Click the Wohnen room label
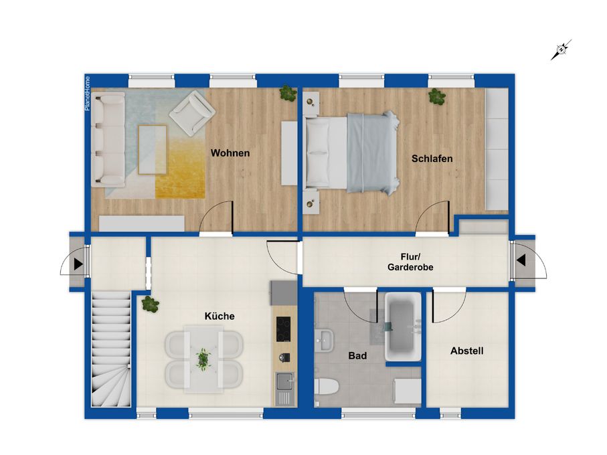tap(230, 153)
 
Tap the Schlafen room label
tap(432, 159)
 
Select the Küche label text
tap(220, 316)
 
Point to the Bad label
tap(357, 355)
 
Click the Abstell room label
tap(467, 351)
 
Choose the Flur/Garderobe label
tap(410, 262)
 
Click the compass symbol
tap(561, 50)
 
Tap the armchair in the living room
tap(192, 112)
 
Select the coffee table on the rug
tap(153, 150)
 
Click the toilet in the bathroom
tap(327, 387)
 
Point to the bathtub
tap(403, 327)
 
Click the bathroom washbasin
tap(324, 341)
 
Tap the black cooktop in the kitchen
tap(283, 329)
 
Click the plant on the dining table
tap(203, 358)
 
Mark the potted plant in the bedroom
tap(436, 96)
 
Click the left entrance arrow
tap(78, 264)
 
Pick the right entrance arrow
tap(521, 260)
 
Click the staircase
tap(110, 349)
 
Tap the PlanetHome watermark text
tap(88, 94)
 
